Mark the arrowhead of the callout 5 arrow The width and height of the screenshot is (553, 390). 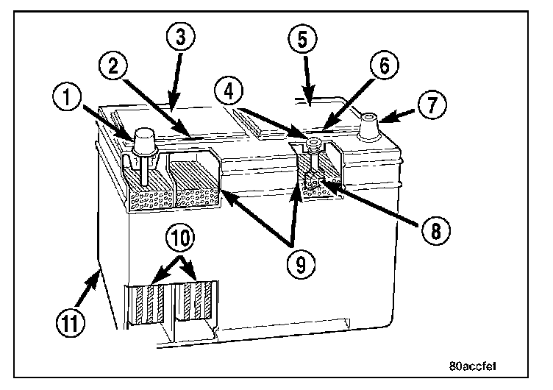[x=309, y=99]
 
